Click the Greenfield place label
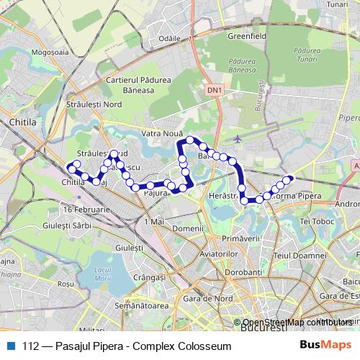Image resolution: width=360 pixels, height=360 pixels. point(228,34)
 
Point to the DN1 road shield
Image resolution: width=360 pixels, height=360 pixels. point(214,91)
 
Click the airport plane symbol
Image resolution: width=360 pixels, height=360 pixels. point(238,138)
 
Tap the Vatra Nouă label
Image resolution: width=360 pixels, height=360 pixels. point(160,133)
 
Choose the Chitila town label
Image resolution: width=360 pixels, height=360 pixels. point(22,123)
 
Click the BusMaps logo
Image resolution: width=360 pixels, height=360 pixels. point(330,346)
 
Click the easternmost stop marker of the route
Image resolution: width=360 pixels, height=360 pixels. point(290,179)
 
